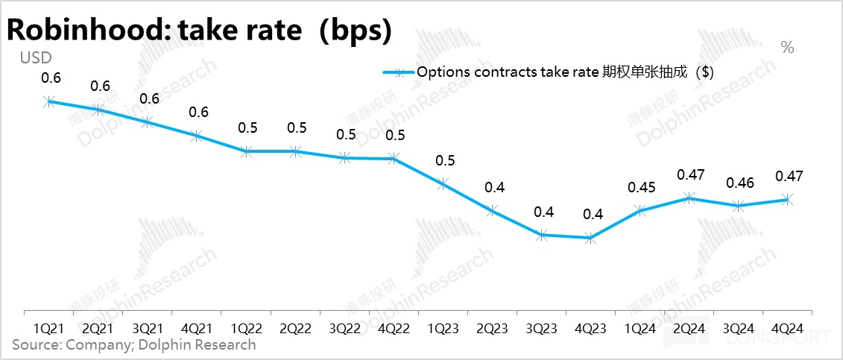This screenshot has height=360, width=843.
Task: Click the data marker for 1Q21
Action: click(49, 101)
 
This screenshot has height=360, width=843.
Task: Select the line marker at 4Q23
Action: click(590, 239)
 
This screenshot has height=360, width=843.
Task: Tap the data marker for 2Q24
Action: click(689, 198)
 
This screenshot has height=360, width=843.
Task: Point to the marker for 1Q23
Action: click(443, 183)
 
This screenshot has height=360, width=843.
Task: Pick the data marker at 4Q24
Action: click(787, 200)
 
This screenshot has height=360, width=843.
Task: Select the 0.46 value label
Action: click(738, 182)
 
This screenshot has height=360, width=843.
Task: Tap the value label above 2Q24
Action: click(689, 174)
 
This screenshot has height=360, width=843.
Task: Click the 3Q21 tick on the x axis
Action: click(148, 327)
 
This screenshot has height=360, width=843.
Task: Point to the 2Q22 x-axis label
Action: click(295, 327)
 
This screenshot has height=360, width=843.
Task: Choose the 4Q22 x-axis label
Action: click(394, 327)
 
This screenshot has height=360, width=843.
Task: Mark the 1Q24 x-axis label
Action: click(640, 327)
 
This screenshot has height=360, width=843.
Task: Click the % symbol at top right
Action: click(787, 48)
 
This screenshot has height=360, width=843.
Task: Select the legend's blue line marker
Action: click(398, 72)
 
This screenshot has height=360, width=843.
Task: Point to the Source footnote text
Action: click(134, 344)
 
